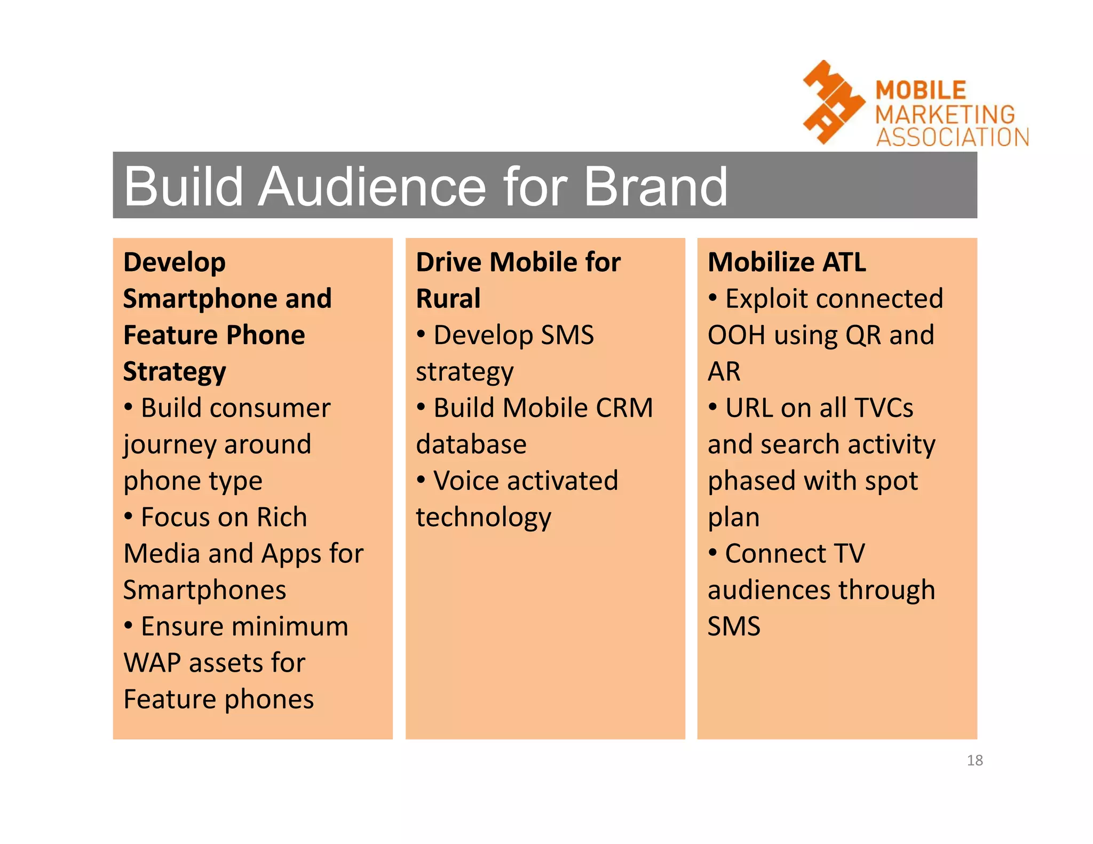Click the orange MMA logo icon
coord(832,102)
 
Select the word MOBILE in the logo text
coord(921,90)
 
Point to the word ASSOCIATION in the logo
coord(952,137)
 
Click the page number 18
coord(975,760)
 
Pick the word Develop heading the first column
coord(175,262)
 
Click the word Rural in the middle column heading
coord(448,298)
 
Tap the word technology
coord(483,517)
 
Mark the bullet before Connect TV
coord(712,553)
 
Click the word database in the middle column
coord(471,444)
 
